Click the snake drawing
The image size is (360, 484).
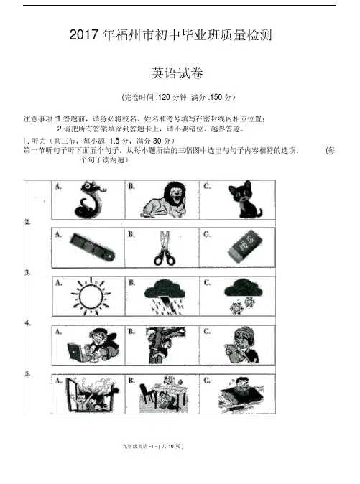pyautogui.click(x=90, y=200)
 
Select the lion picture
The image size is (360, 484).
pyautogui.click(x=164, y=200)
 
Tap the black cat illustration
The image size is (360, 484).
pyautogui.click(x=244, y=200)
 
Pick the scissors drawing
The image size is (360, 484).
pyautogui.click(x=165, y=248)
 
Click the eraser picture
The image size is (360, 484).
pyautogui.click(x=246, y=246)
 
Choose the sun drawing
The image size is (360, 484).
pyautogui.click(x=91, y=297)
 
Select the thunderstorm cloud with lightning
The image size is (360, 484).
pyautogui.click(x=165, y=297)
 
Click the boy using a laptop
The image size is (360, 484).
pyautogui.click(x=93, y=345)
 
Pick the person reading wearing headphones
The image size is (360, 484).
pyautogui.click(x=241, y=345)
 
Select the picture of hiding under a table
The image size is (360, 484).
pyautogui.click(x=164, y=394)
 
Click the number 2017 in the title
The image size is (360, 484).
pyautogui.click(x=83, y=35)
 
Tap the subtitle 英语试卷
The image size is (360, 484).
pyautogui.click(x=177, y=73)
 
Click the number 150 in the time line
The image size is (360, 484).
pyautogui.click(x=216, y=97)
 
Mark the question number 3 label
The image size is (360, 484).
pyautogui.click(x=28, y=273)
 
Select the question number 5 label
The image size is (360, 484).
pyautogui.click(x=28, y=373)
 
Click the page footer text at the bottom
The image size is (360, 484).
pyautogui.click(x=153, y=447)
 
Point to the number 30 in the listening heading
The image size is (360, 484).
pyautogui.click(x=157, y=141)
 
